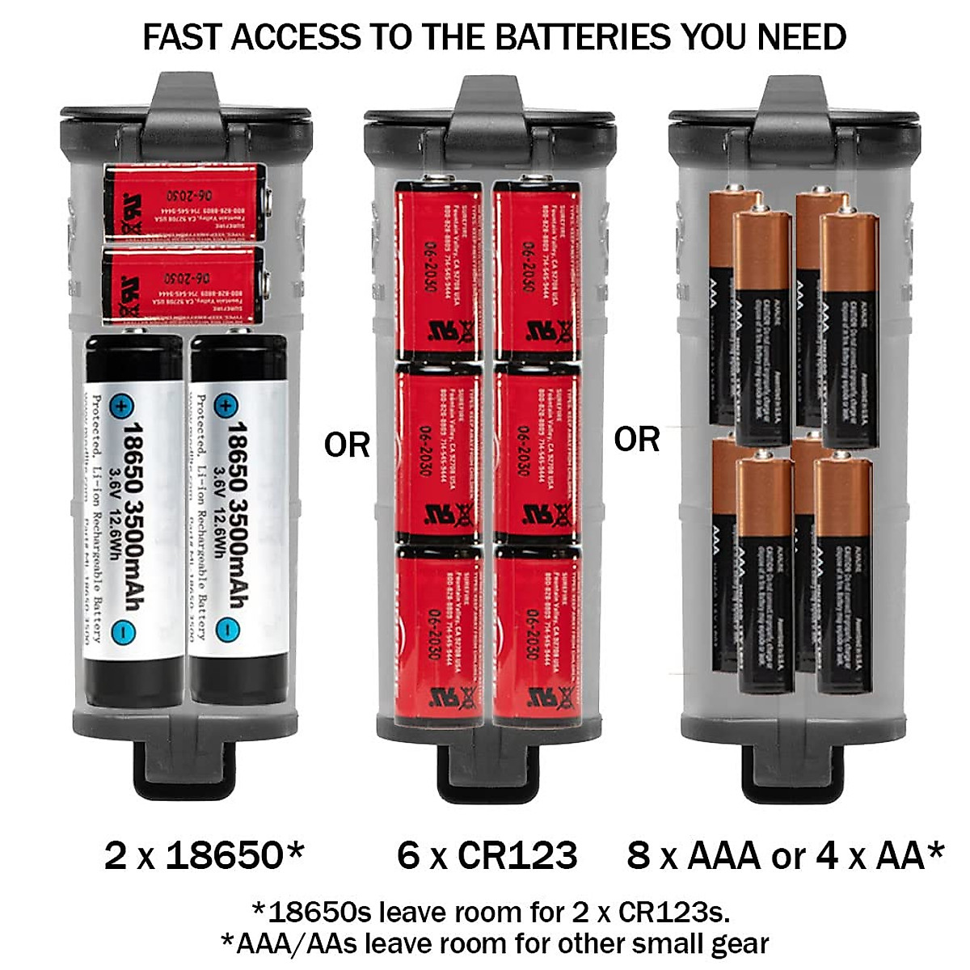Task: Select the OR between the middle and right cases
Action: tap(636, 439)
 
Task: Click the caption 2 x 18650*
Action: tap(205, 855)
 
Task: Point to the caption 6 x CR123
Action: tap(487, 855)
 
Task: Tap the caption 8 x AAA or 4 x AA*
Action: tap(785, 855)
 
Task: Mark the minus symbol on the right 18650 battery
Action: tap(227, 629)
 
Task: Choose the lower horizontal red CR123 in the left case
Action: tap(185, 283)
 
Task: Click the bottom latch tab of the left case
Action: tap(185, 764)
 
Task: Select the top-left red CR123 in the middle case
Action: tap(438, 271)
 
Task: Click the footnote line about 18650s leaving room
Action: tap(491, 912)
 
